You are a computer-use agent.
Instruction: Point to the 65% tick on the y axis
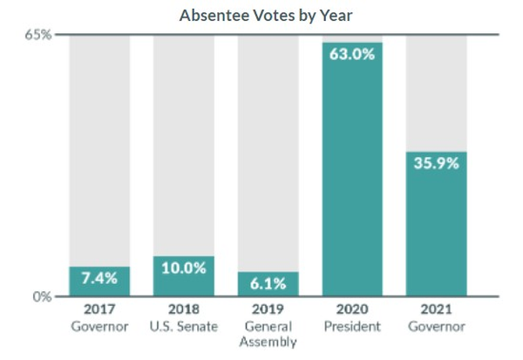(x=42, y=35)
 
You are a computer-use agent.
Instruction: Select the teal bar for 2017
(x=99, y=282)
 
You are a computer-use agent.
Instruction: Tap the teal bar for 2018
(x=184, y=276)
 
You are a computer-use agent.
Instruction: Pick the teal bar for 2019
(x=268, y=284)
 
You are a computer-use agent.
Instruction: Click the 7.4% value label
(x=99, y=279)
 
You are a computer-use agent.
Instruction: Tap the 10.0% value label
(x=184, y=268)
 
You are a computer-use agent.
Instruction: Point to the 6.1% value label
(x=268, y=283)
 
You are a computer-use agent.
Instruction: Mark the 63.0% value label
(x=352, y=54)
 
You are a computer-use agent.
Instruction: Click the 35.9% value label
(x=436, y=163)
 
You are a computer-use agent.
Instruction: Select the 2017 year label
(x=99, y=309)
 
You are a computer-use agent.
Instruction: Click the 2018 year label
(x=184, y=309)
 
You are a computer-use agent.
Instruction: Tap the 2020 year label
(x=352, y=309)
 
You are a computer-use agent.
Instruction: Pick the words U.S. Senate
(x=184, y=327)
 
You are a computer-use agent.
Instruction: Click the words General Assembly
(x=268, y=335)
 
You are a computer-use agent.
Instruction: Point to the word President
(x=352, y=327)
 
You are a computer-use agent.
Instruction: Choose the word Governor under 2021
(x=436, y=327)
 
